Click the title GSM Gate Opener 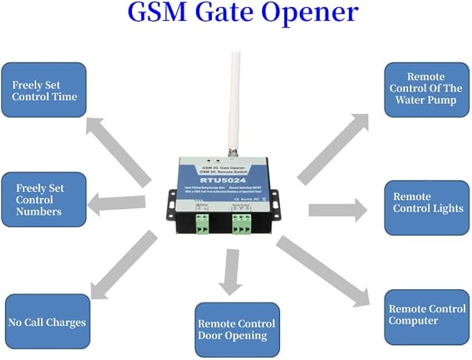(243, 13)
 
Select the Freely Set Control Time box (44, 90)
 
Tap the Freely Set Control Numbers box (44, 199)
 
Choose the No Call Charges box (47, 322)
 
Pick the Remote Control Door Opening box (236, 329)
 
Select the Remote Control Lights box (427, 203)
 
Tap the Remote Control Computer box (427, 314)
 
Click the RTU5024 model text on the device (223, 179)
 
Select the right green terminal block (241, 224)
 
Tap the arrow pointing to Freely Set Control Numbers (118, 203)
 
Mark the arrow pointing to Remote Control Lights (337, 210)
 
